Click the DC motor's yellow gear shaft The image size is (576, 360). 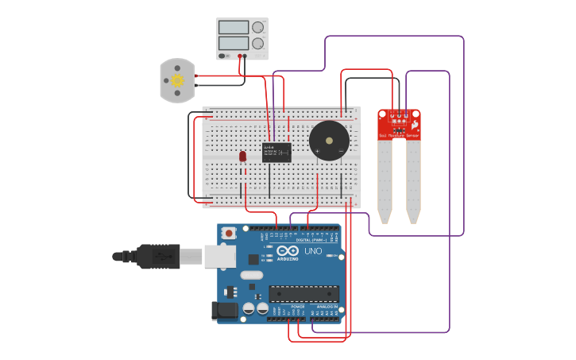[x=177, y=80]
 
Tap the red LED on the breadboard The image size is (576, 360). [x=243, y=157]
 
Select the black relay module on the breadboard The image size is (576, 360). [x=276, y=152]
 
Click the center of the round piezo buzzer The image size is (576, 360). [x=329, y=141]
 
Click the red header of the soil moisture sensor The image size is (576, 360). [x=399, y=125]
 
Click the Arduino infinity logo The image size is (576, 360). [x=288, y=252]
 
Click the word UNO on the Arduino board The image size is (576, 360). [x=313, y=251]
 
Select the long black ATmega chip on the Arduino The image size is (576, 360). [x=303, y=293]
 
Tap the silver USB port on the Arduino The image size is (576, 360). [x=220, y=256]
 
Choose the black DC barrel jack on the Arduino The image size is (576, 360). [x=226, y=311]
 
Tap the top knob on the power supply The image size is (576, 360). [x=257, y=27]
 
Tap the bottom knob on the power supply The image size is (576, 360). [x=257, y=44]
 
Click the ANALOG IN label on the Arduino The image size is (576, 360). [x=327, y=306]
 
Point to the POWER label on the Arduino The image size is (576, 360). [x=298, y=306]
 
